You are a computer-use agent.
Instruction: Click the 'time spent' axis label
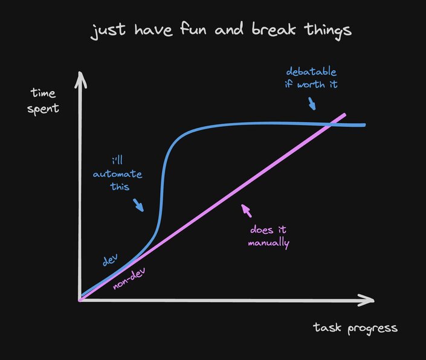coord(43,101)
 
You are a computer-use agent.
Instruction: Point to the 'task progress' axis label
coord(355,327)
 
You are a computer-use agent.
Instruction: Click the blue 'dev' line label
coord(110,260)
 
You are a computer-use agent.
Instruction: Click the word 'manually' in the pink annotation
coord(268,244)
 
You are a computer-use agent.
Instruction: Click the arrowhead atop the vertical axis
coord(79,79)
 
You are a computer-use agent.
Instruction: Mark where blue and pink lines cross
coord(332,124)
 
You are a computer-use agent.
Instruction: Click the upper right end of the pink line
coord(344,115)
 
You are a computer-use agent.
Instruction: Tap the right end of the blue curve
coord(364,125)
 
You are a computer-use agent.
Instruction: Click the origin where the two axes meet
coord(80,299)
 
